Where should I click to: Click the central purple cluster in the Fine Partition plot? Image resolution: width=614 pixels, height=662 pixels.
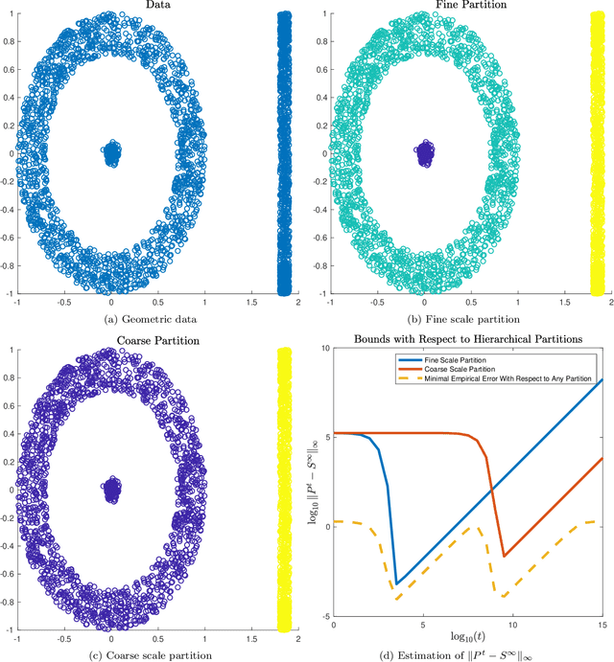pos(423,153)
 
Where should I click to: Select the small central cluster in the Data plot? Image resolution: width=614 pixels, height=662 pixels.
pos(111,153)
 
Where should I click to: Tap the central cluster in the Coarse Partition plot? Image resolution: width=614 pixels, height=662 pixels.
pos(111,488)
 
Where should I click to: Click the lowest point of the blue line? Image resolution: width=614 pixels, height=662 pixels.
pos(397,583)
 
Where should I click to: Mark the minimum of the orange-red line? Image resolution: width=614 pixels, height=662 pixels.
pos(505,556)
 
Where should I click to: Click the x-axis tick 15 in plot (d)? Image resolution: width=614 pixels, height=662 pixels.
pos(602,625)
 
